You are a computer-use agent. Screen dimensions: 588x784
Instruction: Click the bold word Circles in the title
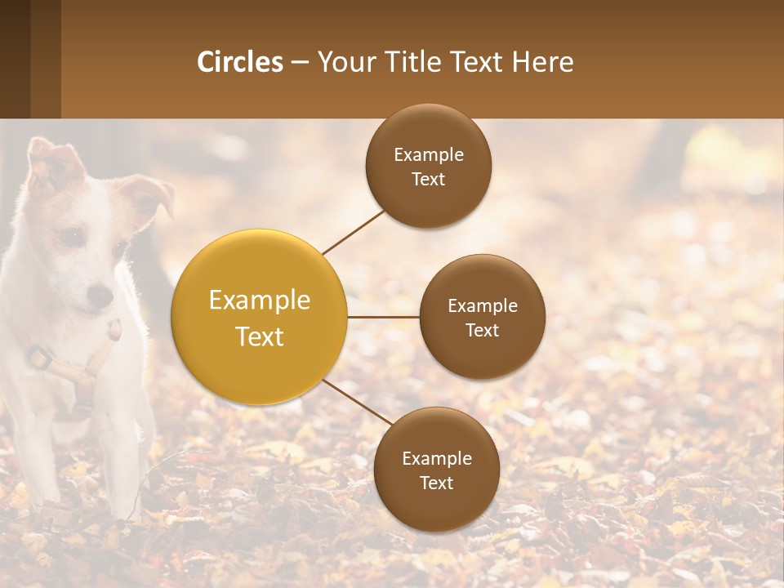[240, 62]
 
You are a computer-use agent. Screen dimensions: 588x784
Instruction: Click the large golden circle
[260, 318]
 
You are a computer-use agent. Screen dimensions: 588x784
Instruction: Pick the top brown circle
[429, 166]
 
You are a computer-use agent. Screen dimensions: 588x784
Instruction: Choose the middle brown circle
[483, 317]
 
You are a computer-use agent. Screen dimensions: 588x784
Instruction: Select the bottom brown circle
[436, 470]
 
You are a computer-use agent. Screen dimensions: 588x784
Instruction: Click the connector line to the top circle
[353, 232]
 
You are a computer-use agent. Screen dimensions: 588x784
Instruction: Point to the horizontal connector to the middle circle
[383, 317]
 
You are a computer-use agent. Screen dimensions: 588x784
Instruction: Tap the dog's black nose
[100, 295]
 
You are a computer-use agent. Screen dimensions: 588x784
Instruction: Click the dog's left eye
[71, 238]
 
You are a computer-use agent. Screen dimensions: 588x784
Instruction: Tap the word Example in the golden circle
[260, 301]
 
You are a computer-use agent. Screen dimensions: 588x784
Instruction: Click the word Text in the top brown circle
[429, 179]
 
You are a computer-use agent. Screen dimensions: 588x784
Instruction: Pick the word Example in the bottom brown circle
[436, 458]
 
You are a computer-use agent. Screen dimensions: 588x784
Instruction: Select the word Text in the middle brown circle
[483, 330]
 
